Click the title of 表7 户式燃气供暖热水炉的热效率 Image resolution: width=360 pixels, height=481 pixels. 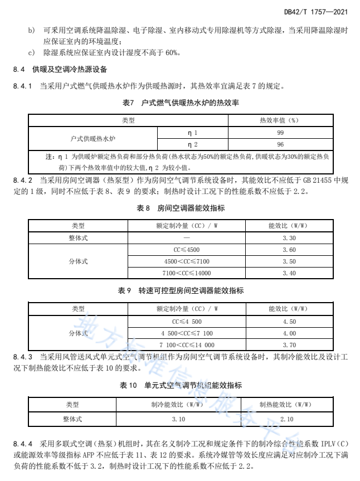tap(180, 103)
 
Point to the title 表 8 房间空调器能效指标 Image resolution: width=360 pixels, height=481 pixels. tap(180, 208)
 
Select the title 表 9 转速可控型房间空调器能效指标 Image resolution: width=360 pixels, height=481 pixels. tap(180, 291)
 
